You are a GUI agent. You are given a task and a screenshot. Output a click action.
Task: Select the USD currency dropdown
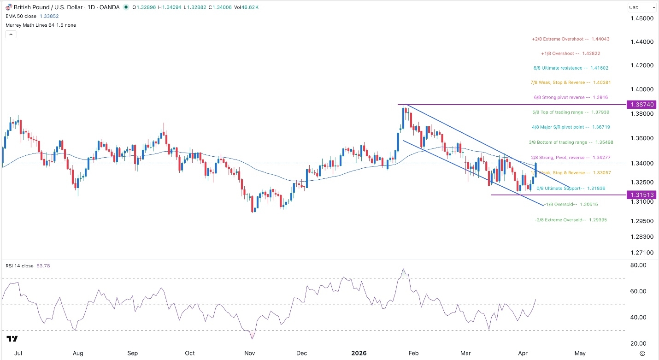641,7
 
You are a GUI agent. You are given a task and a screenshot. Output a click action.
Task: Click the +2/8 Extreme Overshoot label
571,39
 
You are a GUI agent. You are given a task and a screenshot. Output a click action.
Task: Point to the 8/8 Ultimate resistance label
571,68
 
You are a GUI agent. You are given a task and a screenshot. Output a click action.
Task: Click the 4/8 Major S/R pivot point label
571,127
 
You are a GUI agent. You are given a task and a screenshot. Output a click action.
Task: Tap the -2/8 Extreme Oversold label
571,220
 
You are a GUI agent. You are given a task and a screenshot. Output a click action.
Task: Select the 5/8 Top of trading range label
571,112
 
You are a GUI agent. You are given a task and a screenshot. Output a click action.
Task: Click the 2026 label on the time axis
359,354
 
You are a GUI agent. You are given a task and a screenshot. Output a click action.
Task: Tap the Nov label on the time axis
249,354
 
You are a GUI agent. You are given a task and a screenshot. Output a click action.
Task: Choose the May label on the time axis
580,354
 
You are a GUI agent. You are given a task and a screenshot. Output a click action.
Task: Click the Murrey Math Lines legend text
41,25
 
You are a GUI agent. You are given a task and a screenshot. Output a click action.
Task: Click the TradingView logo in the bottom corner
12,339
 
